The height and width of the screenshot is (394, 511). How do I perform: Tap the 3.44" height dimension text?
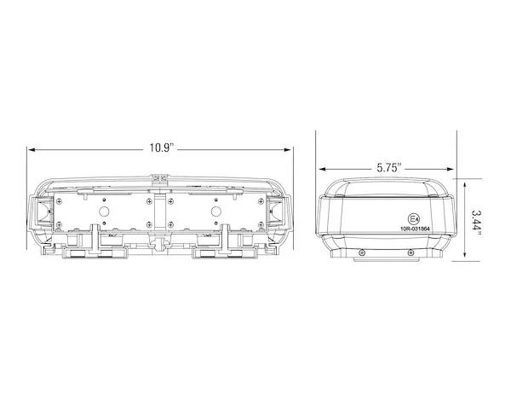[x=476, y=220]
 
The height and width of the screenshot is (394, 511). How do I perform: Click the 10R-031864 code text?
[x=415, y=229]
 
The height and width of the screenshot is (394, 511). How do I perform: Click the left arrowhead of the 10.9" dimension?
[x=31, y=150]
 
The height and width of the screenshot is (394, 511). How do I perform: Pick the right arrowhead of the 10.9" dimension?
[x=288, y=150]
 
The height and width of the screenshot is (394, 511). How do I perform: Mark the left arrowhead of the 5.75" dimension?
[x=322, y=169]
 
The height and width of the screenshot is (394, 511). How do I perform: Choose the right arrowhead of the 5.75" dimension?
[x=451, y=169]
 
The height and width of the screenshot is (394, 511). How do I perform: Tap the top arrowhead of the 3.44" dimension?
[x=465, y=186]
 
